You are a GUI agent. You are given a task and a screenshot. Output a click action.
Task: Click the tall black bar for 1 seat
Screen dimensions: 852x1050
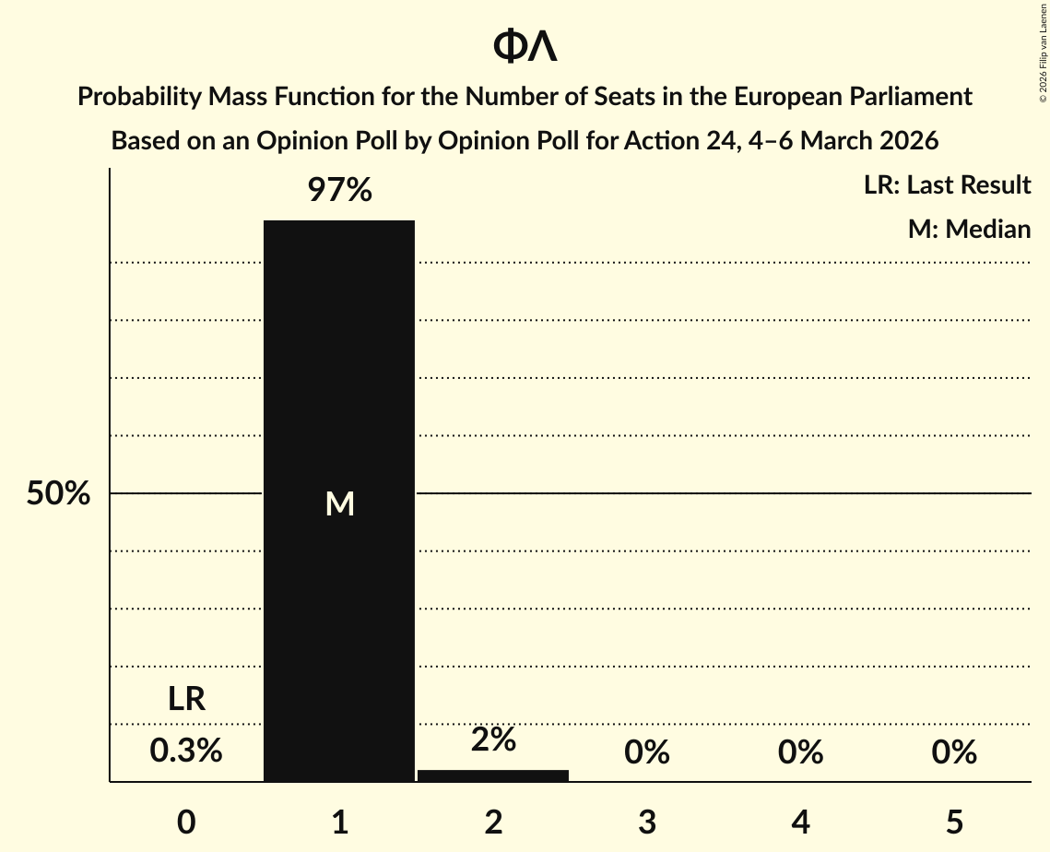tap(339, 369)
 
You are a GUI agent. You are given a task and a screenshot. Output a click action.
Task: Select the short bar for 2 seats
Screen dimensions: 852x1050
tap(493, 775)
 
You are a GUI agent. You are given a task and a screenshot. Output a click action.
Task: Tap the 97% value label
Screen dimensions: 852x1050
tap(339, 191)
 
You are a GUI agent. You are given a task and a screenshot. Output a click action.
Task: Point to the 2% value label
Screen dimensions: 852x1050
tap(493, 740)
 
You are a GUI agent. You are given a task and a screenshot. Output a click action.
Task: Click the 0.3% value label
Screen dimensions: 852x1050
tap(186, 751)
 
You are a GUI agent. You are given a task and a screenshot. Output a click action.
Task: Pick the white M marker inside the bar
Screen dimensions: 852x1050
tap(340, 503)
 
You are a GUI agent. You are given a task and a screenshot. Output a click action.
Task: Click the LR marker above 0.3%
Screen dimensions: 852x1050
tap(186, 699)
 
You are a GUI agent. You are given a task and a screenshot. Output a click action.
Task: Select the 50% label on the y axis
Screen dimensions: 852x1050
tap(58, 494)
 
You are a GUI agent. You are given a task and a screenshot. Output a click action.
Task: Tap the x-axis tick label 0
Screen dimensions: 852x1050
tap(186, 822)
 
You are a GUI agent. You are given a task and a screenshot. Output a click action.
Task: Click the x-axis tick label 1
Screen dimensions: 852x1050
tap(340, 822)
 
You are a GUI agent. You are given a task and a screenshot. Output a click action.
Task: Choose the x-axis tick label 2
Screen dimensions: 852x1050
tap(493, 822)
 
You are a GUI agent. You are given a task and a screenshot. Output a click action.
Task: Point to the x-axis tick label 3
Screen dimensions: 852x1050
tap(647, 822)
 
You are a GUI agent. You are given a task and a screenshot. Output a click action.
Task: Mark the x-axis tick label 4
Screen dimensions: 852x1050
tap(800, 822)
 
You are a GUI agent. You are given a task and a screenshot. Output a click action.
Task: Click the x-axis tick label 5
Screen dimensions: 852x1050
tap(954, 822)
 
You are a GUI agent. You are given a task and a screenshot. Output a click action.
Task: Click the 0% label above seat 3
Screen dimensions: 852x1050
tap(647, 752)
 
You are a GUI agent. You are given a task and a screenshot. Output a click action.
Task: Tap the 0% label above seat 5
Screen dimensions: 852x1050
tap(954, 752)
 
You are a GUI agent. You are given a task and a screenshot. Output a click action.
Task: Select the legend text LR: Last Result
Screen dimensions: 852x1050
tap(947, 185)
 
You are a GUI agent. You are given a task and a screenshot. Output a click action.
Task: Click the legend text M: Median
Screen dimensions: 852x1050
tap(969, 229)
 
